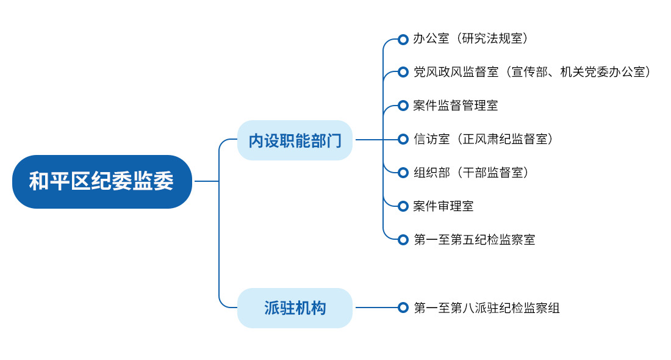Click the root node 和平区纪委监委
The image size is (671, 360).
point(102,181)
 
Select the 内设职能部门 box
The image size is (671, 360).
point(295,140)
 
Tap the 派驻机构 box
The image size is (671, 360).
point(295,308)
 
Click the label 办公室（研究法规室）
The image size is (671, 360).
point(470,38)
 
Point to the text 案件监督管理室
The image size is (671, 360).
point(455,106)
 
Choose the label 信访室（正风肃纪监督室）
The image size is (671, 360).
point(483,139)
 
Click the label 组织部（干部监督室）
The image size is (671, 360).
point(471,173)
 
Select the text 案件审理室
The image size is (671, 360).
point(443,206)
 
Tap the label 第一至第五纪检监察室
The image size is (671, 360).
point(474,239)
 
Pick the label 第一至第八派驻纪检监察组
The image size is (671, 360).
point(487,308)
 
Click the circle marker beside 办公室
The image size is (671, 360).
point(403,40)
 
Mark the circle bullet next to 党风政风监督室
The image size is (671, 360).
point(403,72)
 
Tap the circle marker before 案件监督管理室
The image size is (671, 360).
point(403,106)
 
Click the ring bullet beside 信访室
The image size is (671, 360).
point(403,139)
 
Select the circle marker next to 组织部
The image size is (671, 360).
point(403,173)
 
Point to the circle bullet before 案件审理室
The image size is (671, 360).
point(403,206)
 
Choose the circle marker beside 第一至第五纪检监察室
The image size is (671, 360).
point(403,239)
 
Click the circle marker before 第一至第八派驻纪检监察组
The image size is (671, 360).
point(403,308)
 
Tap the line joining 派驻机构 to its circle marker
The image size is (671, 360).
point(376,308)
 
